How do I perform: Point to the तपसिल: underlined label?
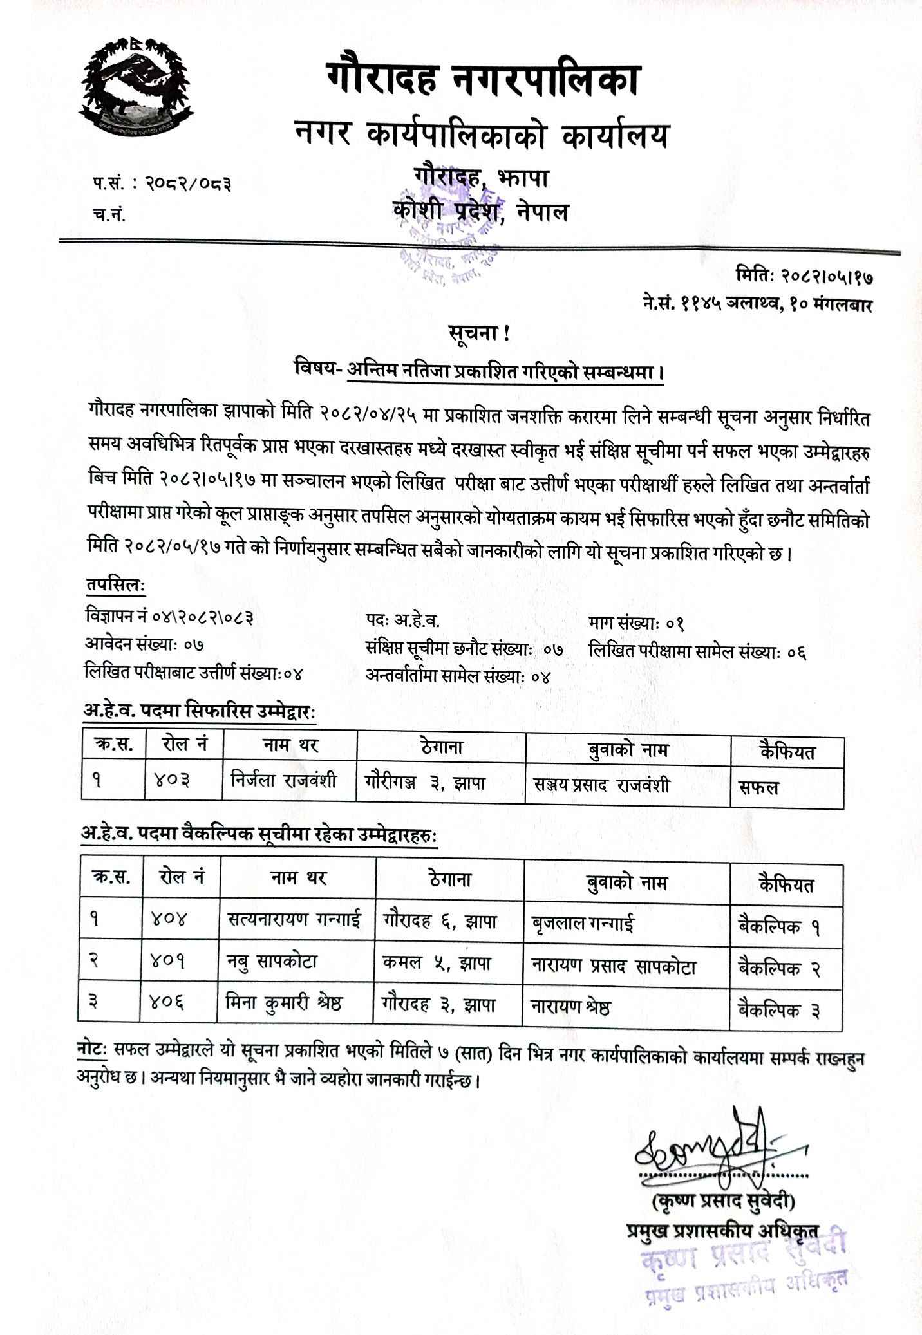click(115, 586)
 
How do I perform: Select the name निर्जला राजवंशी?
click(284, 783)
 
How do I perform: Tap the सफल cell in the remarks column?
click(760, 787)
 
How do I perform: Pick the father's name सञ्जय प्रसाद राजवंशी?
click(601, 785)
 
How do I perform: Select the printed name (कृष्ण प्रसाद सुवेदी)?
click(724, 1183)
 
